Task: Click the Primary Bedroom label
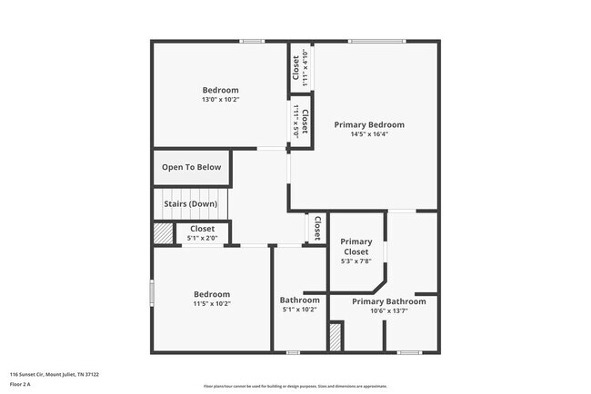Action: tap(368, 124)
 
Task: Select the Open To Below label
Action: tap(191, 167)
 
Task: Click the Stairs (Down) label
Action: tap(190, 204)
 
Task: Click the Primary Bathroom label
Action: tap(388, 301)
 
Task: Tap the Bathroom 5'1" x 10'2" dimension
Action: tap(299, 310)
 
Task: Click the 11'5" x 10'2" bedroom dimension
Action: tap(211, 304)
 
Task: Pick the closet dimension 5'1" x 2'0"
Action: tap(202, 238)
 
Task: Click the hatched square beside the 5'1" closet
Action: tap(162, 233)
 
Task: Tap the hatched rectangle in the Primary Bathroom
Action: tap(335, 337)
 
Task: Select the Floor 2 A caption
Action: tap(20, 385)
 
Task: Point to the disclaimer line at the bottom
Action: tap(295, 386)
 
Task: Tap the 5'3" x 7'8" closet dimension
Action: tap(356, 261)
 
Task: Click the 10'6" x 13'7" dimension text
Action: tap(388, 311)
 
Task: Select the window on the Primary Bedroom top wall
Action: tap(376, 41)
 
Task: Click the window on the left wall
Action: tap(152, 295)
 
